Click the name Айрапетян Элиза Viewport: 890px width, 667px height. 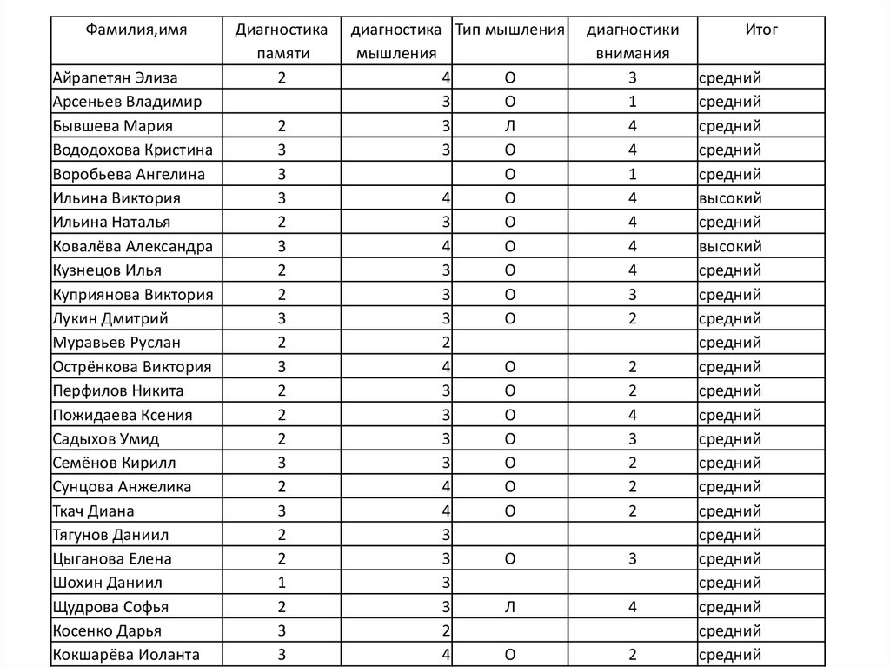(x=115, y=78)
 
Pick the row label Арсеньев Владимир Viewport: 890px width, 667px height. (x=127, y=102)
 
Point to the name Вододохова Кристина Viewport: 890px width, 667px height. (x=132, y=150)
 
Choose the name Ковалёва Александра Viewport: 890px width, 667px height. (x=132, y=246)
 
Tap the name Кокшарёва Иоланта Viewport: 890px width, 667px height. (x=126, y=654)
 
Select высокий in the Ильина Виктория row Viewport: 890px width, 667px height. (x=730, y=198)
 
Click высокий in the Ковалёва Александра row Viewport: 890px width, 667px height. (x=730, y=246)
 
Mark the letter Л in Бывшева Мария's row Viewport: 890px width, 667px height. (x=510, y=126)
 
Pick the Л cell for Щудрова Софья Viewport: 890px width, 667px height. (x=510, y=606)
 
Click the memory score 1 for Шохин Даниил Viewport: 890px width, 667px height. (x=282, y=583)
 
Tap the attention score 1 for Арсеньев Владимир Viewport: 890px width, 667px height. (x=633, y=102)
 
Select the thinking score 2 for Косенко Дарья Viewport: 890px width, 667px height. (x=445, y=630)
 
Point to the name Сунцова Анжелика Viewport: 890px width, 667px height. (x=122, y=486)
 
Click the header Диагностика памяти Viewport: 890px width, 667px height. (x=282, y=41)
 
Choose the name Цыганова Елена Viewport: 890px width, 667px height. (x=112, y=558)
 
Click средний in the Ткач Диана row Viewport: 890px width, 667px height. (x=730, y=510)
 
